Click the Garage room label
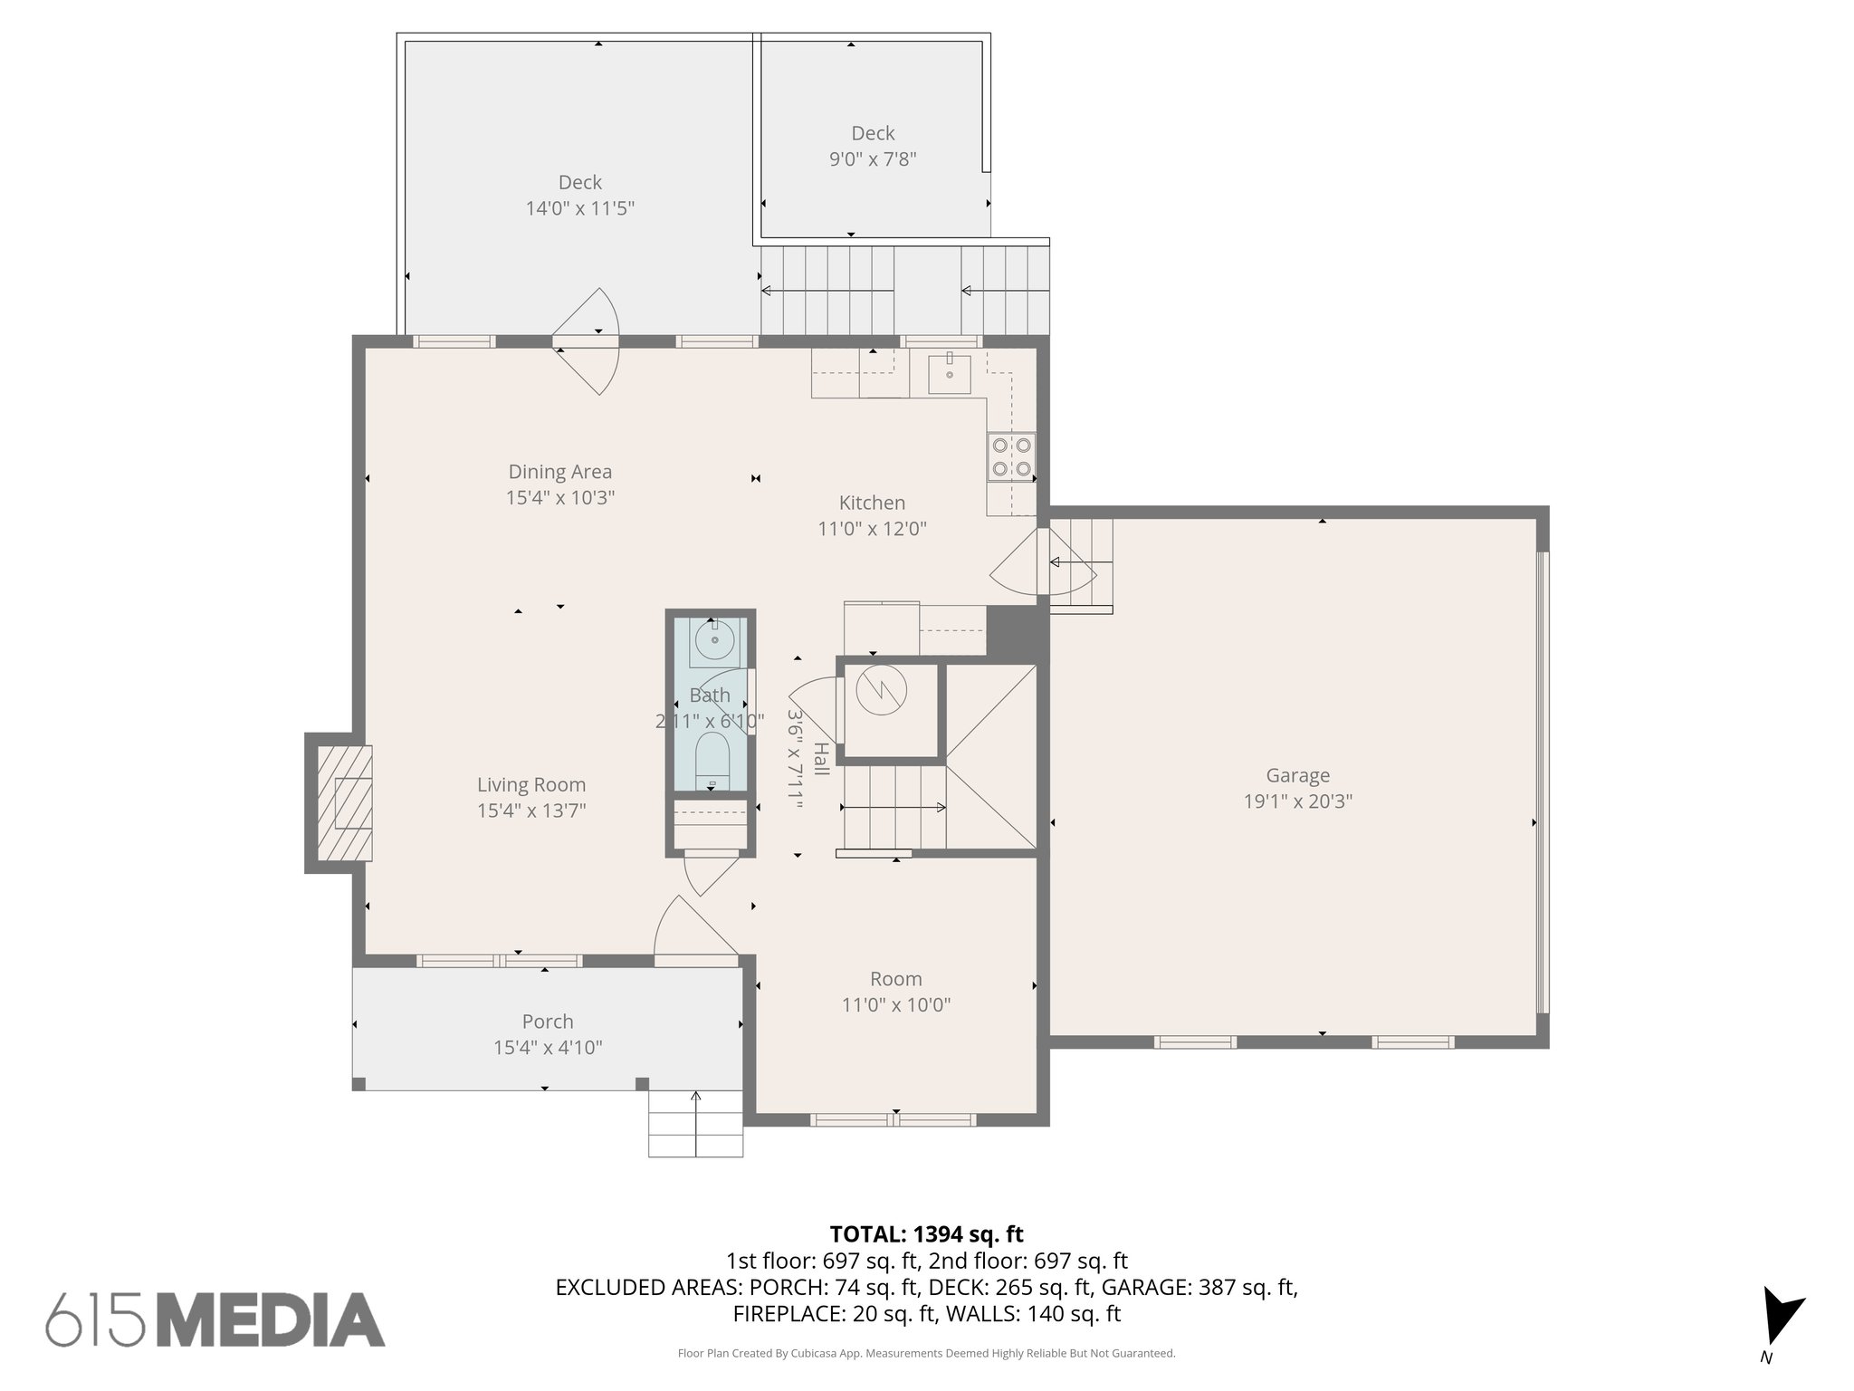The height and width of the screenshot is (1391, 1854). click(1297, 775)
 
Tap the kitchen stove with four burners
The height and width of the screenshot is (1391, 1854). click(1011, 457)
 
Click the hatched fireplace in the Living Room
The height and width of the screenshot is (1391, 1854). click(345, 802)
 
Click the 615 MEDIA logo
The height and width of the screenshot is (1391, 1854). click(215, 1319)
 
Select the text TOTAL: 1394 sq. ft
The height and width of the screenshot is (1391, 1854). click(926, 1234)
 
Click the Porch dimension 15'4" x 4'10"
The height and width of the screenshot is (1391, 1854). click(548, 1048)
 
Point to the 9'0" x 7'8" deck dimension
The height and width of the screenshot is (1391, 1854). click(873, 159)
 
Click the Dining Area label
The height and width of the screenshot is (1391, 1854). click(559, 472)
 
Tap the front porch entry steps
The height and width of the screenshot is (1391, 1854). click(695, 1123)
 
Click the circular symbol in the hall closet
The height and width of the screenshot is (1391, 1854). click(881, 692)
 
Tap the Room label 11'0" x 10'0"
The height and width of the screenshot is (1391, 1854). click(895, 979)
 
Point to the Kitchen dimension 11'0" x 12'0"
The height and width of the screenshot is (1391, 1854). click(872, 529)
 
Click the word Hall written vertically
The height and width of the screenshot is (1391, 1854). click(821, 759)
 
